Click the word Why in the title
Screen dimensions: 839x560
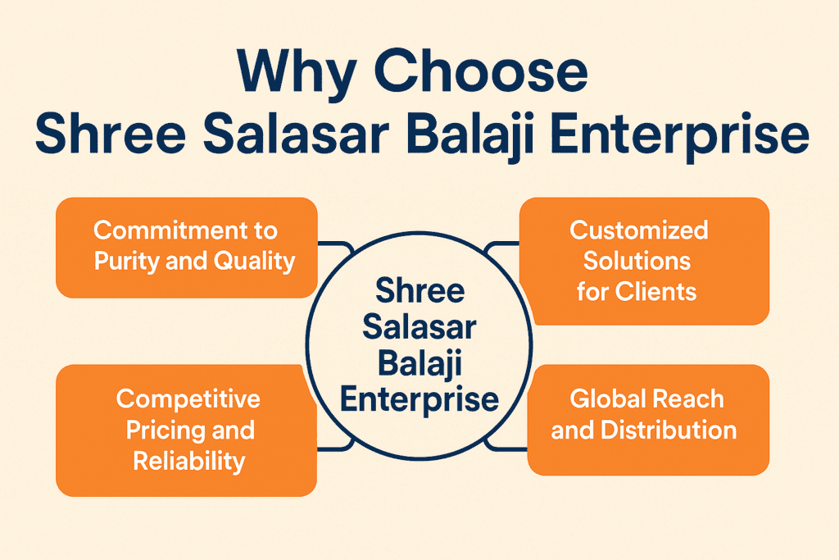coord(297,73)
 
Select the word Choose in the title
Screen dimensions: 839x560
coord(480,71)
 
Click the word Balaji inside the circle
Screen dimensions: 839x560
coord(419,365)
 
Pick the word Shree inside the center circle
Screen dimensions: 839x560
coord(420,290)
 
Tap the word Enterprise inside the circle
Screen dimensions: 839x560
coord(419,400)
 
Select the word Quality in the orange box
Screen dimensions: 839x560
coord(254,262)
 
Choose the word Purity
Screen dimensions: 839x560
coord(127,262)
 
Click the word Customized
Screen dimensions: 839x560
coord(639,230)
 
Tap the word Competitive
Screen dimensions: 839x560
coord(188,398)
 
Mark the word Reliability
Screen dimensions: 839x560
coord(189,462)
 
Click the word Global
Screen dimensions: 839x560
coord(606,398)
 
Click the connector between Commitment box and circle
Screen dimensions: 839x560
coord(336,245)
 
